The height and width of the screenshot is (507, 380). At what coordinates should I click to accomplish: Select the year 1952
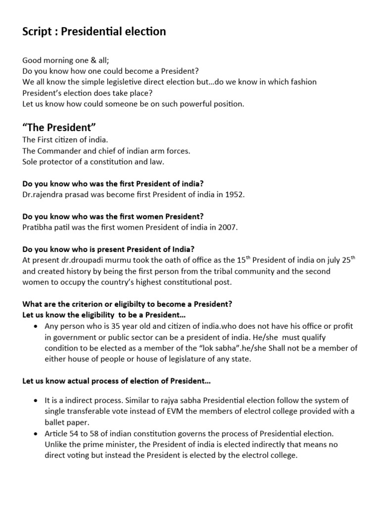pos(234,195)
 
